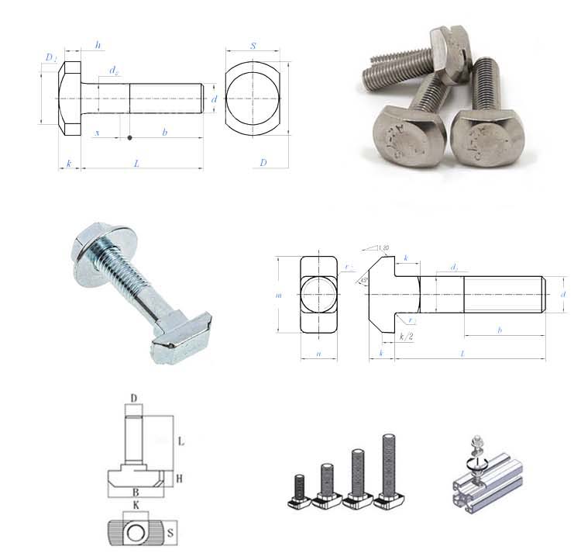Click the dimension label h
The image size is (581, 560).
pyautogui.click(x=98, y=45)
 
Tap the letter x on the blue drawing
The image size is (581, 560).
pyautogui.click(x=97, y=133)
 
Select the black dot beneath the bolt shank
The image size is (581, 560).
pyautogui.click(x=129, y=138)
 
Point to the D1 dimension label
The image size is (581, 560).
pyautogui.click(x=50, y=58)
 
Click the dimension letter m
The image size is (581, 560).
pyautogui.click(x=278, y=295)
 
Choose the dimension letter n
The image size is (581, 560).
pyautogui.click(x=318, y=354)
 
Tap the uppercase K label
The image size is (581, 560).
pyautogui.click(x=136, y=506)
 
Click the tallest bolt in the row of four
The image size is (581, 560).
pyautogui.click(x=387, y=469)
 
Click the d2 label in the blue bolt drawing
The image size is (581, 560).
pyautogui.click(x=114, y=71)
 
